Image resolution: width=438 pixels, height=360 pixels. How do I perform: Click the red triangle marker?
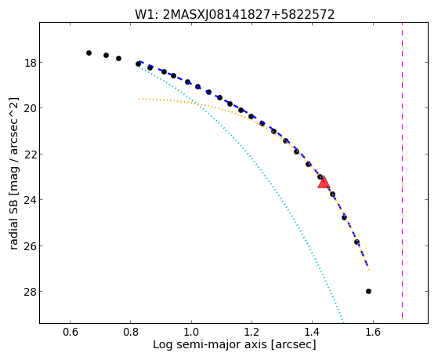click(324, 183)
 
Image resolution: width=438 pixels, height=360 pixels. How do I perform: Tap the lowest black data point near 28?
click(368, 291)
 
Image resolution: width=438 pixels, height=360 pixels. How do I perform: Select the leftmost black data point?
click(89, 53)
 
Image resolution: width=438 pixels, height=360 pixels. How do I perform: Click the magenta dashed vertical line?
click(402, 170)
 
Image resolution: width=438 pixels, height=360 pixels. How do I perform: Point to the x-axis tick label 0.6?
click(70, 332)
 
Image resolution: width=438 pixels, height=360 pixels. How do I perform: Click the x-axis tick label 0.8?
click(130, 332)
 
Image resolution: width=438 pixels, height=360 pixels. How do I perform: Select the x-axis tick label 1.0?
click(191, 332)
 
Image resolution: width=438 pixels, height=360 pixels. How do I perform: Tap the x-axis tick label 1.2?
click(252, 332)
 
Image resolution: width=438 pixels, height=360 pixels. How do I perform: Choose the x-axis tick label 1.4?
click(313, 332)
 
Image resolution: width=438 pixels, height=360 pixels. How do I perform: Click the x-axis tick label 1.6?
click(373, 332)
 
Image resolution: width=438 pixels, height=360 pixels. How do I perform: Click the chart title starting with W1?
click(234, 15)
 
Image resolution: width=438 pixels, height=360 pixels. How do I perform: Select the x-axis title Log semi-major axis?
click(234, 345)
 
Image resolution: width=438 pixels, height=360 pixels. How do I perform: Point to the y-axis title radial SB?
click(13, 173)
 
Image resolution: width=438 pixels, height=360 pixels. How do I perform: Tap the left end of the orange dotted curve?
click(139, 99)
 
